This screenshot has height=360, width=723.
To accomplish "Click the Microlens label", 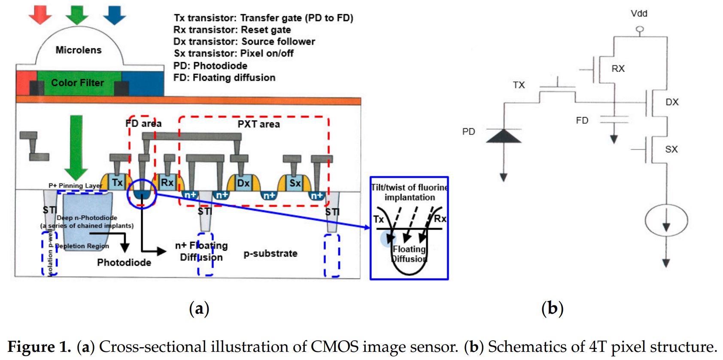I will pos(79,50).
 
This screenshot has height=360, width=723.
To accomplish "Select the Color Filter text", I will pos(77,83).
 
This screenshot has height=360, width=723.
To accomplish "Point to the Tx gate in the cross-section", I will pos(117,182).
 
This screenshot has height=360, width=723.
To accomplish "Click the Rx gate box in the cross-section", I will pos(167,182).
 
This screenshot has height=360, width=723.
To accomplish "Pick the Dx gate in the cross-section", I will pos(243,183).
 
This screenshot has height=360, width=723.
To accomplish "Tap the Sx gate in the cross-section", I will pos(295,183).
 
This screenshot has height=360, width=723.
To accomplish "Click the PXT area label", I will pos(258,124).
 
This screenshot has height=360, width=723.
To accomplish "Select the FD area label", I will pos(143,124).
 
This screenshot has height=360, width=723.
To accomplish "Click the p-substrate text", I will pos(270,254).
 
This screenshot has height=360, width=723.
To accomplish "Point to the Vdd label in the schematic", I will pos(639,14).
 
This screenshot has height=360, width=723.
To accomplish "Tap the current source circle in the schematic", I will pos(666,221).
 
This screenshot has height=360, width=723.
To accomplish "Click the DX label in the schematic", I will pos(672,102).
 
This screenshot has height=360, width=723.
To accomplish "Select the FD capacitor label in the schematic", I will pos(582,121).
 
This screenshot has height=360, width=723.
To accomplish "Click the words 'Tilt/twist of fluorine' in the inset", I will pos(409,188).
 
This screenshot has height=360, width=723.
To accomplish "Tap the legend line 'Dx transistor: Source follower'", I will pos(244,42).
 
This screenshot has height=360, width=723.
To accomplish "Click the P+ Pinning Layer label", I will pos(75,185).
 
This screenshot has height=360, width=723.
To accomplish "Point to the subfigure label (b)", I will pos(552,308).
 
